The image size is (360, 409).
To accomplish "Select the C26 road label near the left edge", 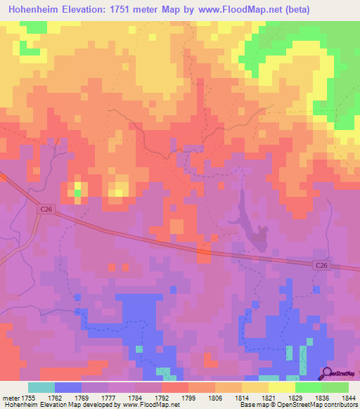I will coord(46,209).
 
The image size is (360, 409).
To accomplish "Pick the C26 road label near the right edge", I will coord(321,265).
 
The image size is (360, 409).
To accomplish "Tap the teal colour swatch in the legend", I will coord(41,387).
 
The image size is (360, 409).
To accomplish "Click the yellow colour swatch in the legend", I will coord(282,387).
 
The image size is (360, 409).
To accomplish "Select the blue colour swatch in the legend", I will coord(68,387).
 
